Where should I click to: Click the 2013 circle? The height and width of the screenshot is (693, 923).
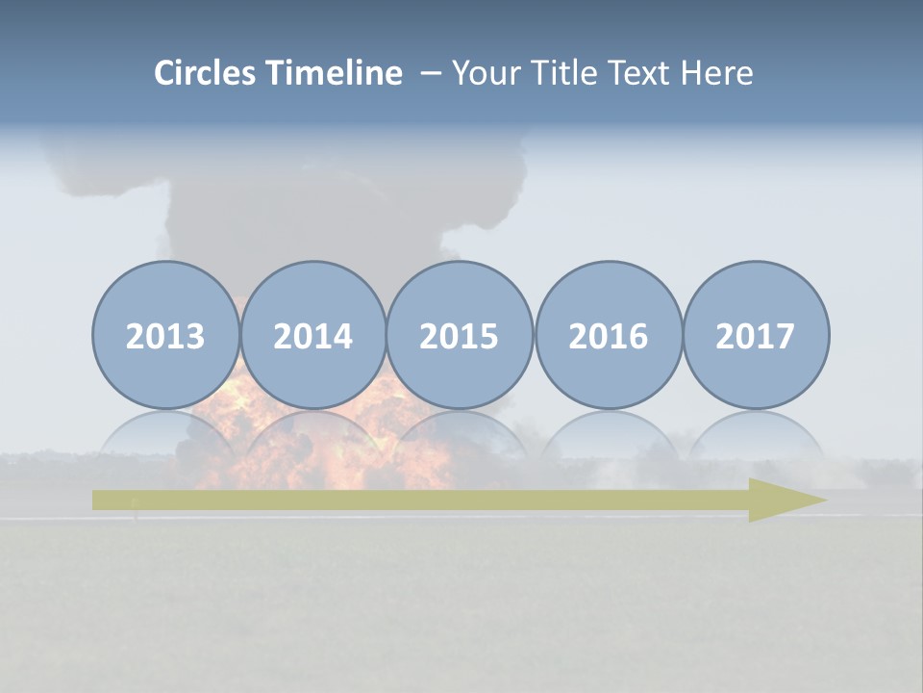[x=165, y=335]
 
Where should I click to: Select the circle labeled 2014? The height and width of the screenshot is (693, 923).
[x=312, y=335]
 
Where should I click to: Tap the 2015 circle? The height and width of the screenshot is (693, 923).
[x=460, y=335]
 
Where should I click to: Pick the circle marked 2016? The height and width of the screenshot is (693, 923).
[x=608, y=335]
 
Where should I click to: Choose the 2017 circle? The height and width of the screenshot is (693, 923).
[x=756, y=335]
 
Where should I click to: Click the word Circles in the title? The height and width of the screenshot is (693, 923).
[x=206, y=73]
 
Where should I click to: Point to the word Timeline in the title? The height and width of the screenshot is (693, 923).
[x=335, y=73]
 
